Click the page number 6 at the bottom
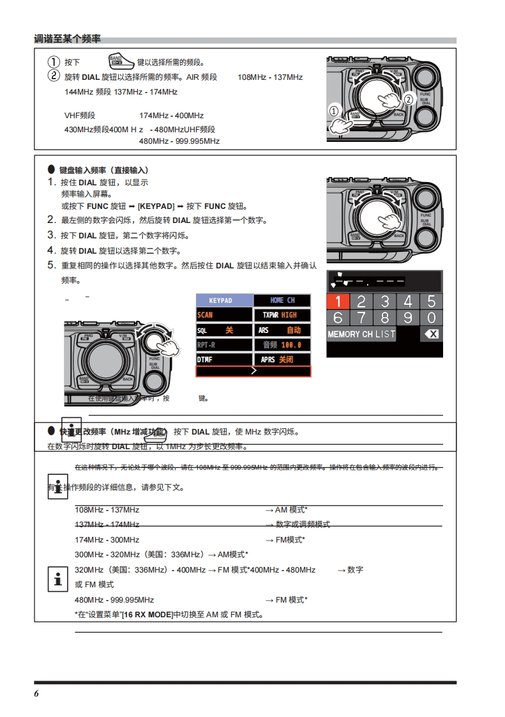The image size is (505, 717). point(37,694)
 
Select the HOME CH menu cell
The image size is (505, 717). point(282,300)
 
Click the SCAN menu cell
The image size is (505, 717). point(224,315)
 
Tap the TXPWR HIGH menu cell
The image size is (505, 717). point(282,315)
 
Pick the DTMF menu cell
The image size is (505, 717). point(224,360)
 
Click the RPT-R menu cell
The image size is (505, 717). point(224,345)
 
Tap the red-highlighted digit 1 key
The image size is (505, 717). point(338,302)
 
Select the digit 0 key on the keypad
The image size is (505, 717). point(431,318)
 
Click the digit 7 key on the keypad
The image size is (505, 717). point(361,318)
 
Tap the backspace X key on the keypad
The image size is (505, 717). point(432,334)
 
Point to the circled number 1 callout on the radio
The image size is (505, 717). point(334,110)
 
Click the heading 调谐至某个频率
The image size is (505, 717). point(67,40)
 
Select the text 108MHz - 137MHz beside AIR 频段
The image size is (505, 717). point(270,77)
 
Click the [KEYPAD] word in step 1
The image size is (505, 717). point(156,206)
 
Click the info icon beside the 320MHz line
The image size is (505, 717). point(57,580)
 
